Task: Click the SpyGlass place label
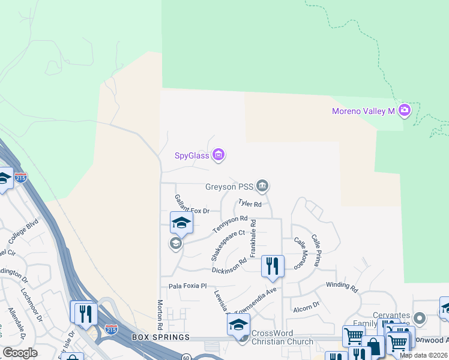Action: [191, 156]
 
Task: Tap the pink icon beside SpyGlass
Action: [218, 155]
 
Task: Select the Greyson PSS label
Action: [229, 187]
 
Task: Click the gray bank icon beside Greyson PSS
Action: [262, 187]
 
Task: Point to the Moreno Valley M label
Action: [363, 111]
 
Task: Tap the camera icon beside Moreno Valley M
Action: [404, 110]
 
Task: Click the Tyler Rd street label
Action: [250, 204]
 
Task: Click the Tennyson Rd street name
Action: [230, 225]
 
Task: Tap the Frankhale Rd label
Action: [253, 238]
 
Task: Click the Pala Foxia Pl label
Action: [187, 286]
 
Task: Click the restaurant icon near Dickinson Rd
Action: [273, 266]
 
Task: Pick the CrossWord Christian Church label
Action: [282, 337]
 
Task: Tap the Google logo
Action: [20, 353]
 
